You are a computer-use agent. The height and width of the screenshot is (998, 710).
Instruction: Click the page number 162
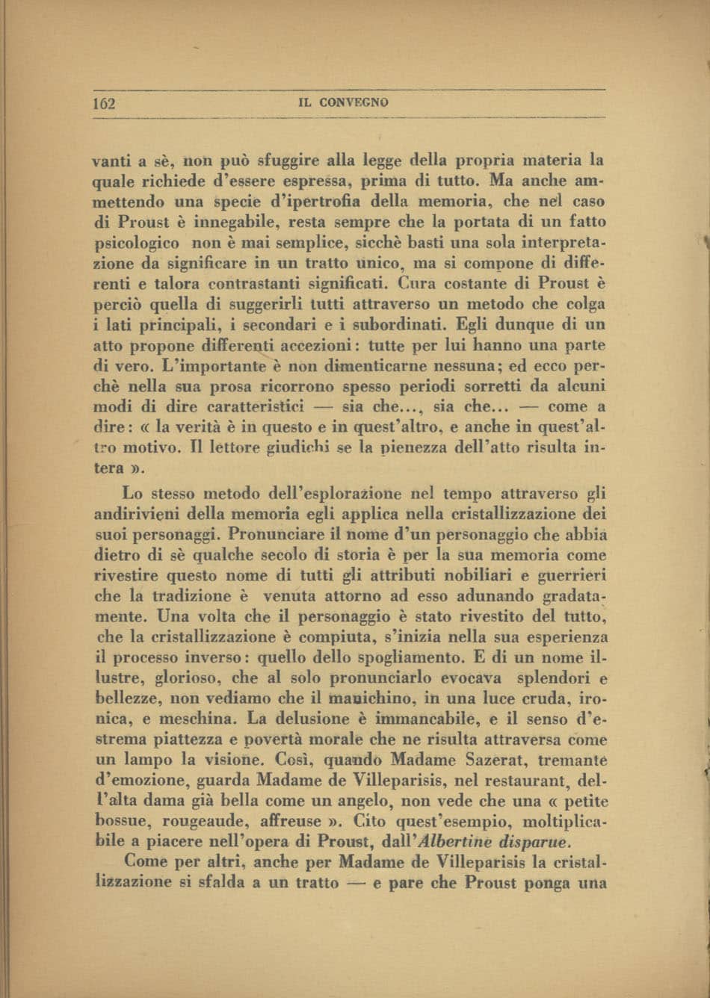(x=104, y=103)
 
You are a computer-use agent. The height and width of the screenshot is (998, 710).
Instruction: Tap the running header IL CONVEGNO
(x=343, y=102)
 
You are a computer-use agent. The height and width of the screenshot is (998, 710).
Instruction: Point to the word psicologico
(x=137, y=244)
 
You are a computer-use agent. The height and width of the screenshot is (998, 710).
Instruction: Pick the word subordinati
(x=410, y=325)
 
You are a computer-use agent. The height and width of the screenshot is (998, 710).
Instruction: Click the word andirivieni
(x=138, y=515)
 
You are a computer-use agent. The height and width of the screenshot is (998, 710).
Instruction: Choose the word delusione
(x=316, y=720)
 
